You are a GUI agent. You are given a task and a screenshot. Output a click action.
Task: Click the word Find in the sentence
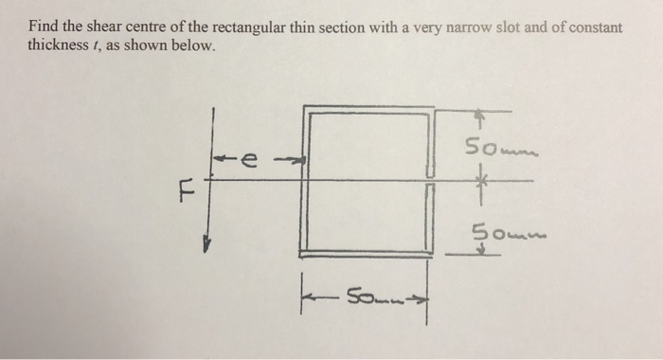click(42, 28)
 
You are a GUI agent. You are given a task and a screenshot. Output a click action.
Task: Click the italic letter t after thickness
click(101, 45)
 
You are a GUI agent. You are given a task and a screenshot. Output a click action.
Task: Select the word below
click(197, 45)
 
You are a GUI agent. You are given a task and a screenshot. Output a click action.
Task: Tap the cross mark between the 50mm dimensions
click(481, 179)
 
